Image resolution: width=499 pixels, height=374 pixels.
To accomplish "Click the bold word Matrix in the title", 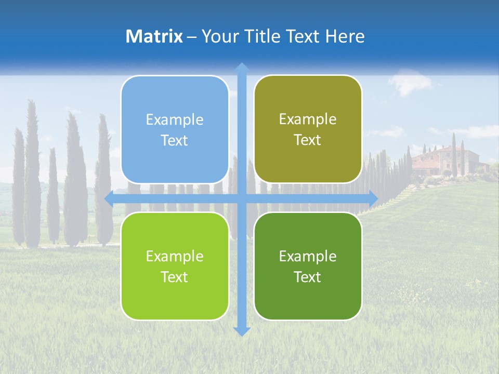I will [x=154, y=36].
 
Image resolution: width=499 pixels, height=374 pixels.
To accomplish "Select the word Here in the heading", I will [x=345, y=36].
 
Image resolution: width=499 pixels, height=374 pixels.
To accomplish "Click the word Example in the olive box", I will [x=308, y=119].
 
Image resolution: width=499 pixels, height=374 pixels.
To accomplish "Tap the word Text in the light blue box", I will [x=175, y=141].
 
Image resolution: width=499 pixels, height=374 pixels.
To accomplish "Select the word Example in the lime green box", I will [x=175, y=256].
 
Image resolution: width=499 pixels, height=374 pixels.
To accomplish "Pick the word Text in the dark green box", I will [x=308, y=277].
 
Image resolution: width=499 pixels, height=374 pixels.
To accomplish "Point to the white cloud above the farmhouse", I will [x=411, y=83].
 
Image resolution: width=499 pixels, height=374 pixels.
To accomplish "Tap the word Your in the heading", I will [x=218, y=36].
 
